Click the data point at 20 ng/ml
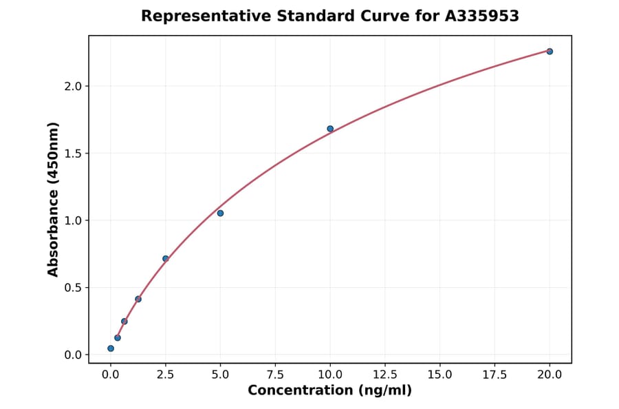click(x=550, y=52)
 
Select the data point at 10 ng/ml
click(x=330, y=129)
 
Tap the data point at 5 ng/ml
click(x=220, y=213)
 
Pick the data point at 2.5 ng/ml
click(x=166, y=259)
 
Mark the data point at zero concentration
click(x=111, y=348)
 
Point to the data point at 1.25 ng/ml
click(x=138, y=300)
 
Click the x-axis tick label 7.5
click(x=275, y=375)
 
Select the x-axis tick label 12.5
click(x=384, y=375)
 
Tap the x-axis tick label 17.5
click(x=495, y=375)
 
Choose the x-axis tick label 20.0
click(x=550, y=375)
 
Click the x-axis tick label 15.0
click(x=439, y=375)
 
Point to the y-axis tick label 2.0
click(x=74, y=86)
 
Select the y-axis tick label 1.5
click(x=74, y=154)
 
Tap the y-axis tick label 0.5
click(x=74, y=288)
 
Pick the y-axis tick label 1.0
click(x=74, y=220)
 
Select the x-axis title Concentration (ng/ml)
click(x=329, y=391)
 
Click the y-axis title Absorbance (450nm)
click(x=54, y=199)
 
